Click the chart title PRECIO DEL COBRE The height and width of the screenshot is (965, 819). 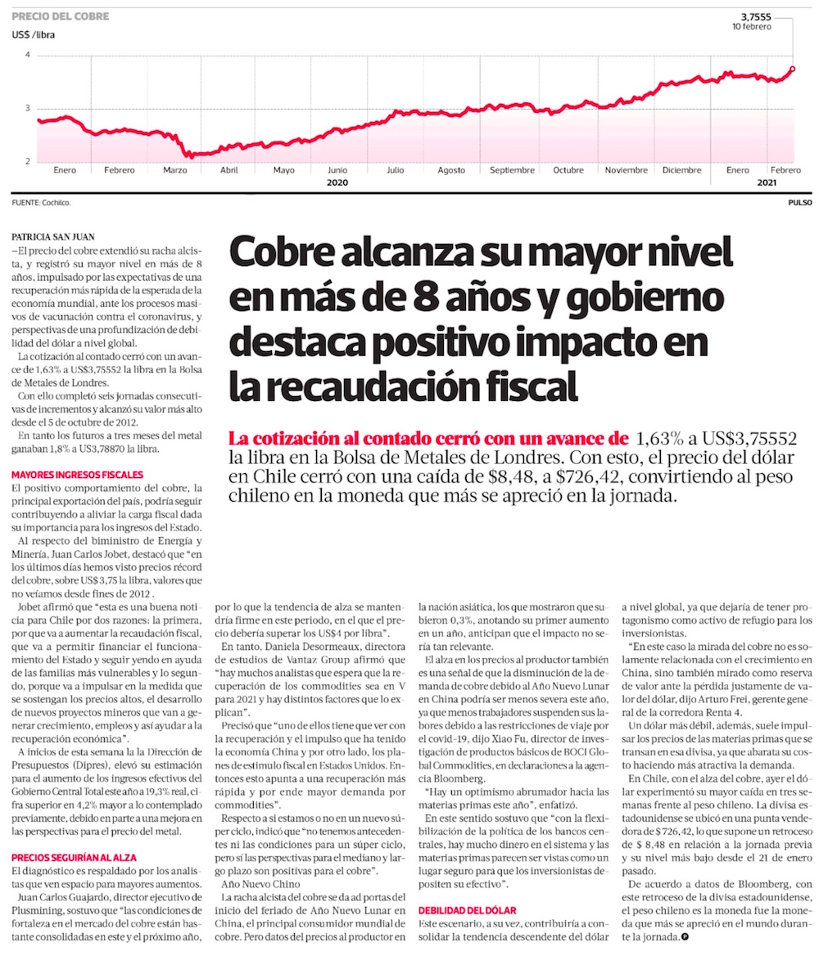coord(60,16)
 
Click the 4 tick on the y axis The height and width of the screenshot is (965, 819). coord(27,55)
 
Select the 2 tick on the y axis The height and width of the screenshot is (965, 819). coord(27,161)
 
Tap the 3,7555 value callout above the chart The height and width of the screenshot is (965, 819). coord(756,16)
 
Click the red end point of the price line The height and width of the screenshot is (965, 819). coord(793,69)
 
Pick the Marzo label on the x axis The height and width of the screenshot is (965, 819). coord(175,170)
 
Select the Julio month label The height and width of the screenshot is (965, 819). coord(395,170)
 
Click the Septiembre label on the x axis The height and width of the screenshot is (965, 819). coord(512,170)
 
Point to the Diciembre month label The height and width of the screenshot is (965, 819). coord(681,170)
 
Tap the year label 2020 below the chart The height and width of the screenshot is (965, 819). coord(338,183)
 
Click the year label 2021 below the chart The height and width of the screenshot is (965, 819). coord(767,183)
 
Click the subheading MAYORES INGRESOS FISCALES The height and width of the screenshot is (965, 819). coord(77,474)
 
